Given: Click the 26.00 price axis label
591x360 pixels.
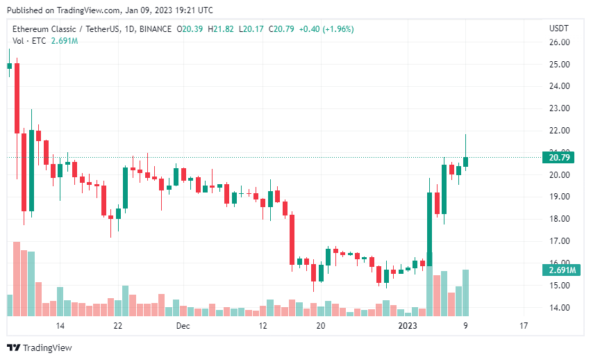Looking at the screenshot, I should click(x=559, y=42).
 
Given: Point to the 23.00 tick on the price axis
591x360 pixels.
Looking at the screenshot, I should click(x=559, y=108).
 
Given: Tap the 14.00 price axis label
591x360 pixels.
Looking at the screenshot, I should click(x=559, y=307).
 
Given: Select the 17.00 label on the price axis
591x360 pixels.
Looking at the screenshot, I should click(x=559, y=241).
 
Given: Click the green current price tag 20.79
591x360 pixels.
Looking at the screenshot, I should click(x=559, y=158).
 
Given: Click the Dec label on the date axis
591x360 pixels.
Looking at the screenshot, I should click(x=183, y=325).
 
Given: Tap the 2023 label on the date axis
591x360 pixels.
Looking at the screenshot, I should click(x=407, y=325).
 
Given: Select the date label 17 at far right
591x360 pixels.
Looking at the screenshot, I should click(x=524, y=325).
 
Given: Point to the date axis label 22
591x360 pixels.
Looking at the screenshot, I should click(x=118, y=325).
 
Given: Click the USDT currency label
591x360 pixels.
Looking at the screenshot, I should click(x=558, y=28).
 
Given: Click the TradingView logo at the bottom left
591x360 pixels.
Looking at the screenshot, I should click(x=40, y=347).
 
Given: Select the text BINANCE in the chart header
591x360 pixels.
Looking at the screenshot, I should click(x=156, y=29).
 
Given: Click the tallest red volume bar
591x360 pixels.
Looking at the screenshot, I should click(x=16, y=279).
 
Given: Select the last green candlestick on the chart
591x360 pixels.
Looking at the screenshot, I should click(x=465, y=161).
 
